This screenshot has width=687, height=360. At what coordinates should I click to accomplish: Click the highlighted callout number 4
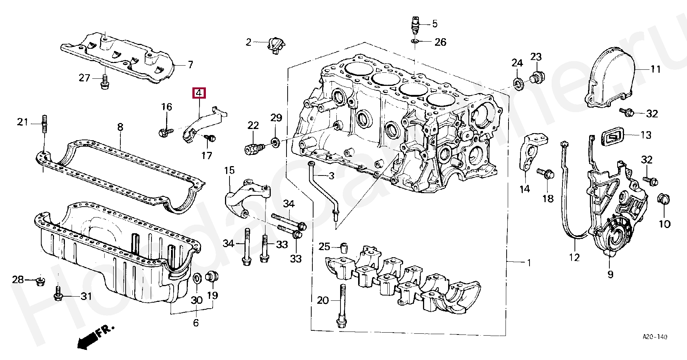click(x=199, y=93)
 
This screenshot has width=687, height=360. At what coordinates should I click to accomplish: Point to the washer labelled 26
click(x=415, y=41)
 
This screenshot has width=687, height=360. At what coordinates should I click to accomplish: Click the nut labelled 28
click(x=40, y=280)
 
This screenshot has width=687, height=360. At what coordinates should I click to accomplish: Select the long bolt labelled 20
click(x=342, y=306)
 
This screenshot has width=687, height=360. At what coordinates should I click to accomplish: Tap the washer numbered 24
click(x=518, y=83)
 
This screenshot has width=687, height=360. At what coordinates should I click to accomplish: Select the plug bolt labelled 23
click(x=537, y=78)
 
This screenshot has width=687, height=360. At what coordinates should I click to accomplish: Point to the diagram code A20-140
click(x=655, y=337)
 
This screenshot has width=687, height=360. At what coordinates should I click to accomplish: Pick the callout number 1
click(x=529, y=263)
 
